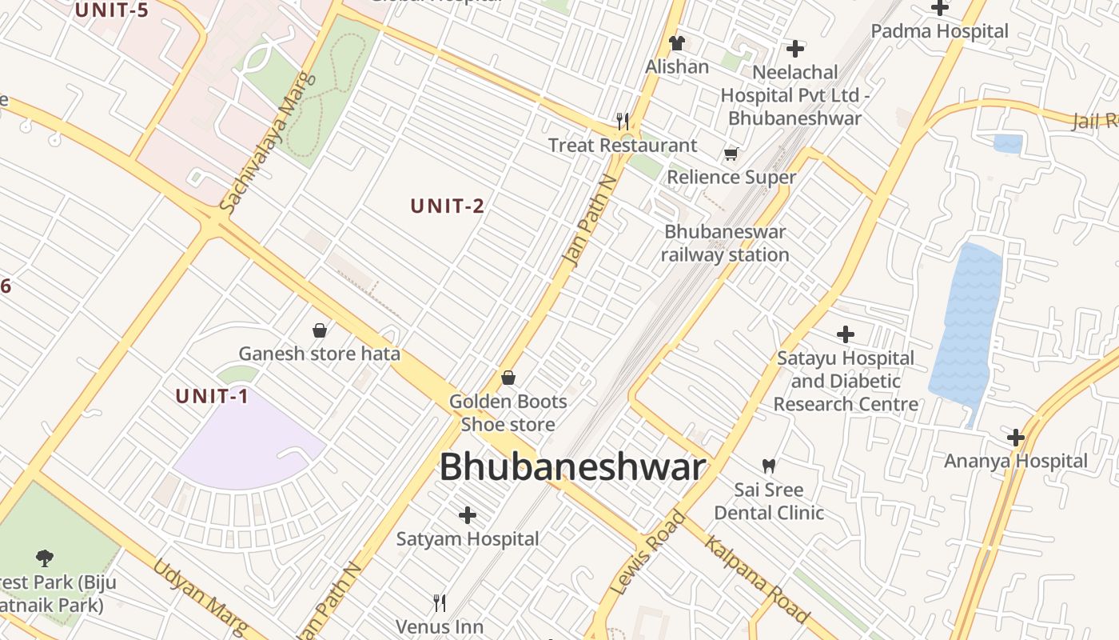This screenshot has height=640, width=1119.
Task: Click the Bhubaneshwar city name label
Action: click(572, 467)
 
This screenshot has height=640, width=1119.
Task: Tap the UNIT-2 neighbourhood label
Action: click(448, 206)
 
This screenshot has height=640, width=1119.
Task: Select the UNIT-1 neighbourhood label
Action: click(212, 396)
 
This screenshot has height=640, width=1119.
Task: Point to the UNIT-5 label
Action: click(111, 10)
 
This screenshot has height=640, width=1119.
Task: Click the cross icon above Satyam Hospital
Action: click(468, 515)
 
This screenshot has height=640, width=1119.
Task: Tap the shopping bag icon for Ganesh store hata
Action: click(320, 330)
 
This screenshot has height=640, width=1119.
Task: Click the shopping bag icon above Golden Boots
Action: click(508, 378)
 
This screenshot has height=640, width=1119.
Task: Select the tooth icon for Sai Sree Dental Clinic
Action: click(769, 466)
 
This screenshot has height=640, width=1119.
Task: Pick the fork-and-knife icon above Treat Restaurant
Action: click(622, 122)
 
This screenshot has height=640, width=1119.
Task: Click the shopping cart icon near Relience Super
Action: click(731, 154)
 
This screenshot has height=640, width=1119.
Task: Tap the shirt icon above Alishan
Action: click(677, 43)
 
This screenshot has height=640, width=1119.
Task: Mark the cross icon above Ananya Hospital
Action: click(1016, 438)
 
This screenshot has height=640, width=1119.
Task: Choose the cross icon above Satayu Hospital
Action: click(846, 334)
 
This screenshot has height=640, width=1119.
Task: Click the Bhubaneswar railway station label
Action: click(725, 243)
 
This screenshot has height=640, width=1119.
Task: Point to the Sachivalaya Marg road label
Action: click(267, 144)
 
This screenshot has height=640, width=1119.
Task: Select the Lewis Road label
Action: click(647, 553)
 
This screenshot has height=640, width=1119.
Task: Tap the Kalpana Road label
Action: click(756, 579)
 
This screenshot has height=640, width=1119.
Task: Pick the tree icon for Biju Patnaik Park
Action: click(45, 558)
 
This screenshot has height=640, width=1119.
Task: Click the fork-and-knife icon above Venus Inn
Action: click(440, 602)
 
